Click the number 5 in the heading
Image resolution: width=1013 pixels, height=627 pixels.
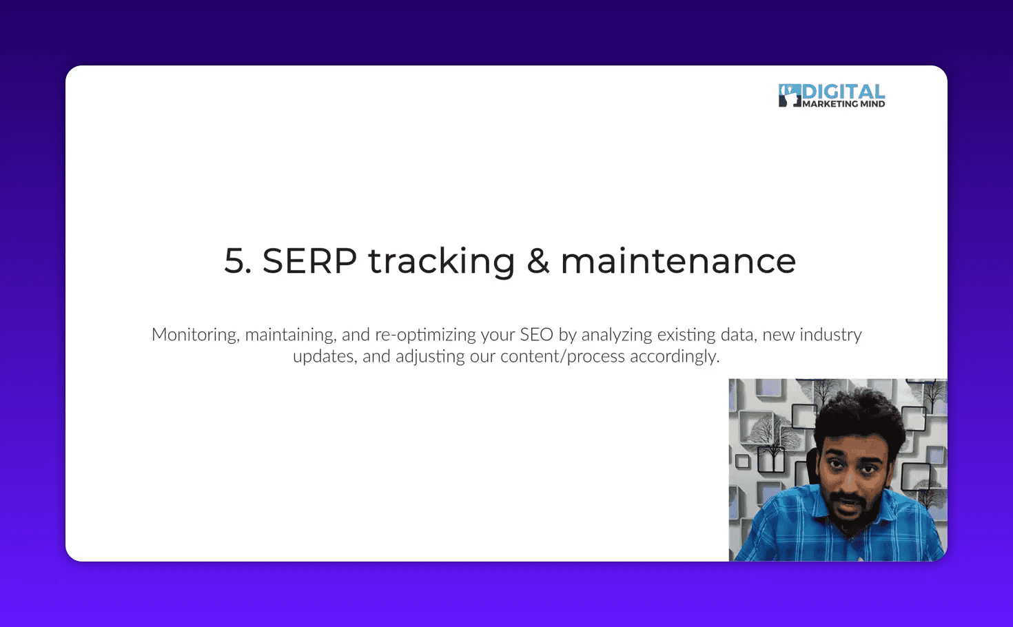point(234,262)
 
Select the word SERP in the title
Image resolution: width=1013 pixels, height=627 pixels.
point(309,262)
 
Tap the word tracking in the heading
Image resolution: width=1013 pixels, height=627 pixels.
point(441,262)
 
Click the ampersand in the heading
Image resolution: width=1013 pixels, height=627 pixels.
point(538,262)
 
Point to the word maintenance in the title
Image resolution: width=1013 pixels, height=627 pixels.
point(678,262)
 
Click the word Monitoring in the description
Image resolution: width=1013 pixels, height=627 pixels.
point(194,335)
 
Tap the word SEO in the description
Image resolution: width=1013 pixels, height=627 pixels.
point(536,335)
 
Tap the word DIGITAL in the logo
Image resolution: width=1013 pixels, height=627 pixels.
point(843,92)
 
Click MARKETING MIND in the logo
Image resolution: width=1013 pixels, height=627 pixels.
point(843,104)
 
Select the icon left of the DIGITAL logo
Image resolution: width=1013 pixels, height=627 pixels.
point(789,95)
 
